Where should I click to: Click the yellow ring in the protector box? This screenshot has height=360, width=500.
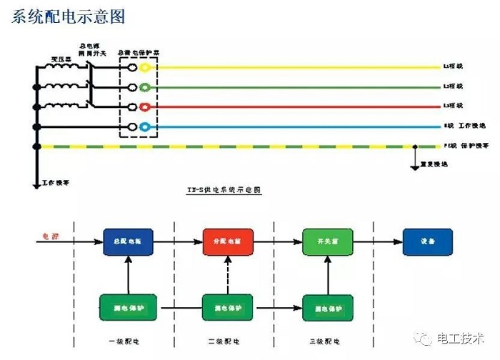[x=145, y=68]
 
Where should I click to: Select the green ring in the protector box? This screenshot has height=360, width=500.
[x=145, y=88]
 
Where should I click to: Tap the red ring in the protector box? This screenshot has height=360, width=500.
[x=145, y=107]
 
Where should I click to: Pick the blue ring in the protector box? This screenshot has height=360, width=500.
[x=145, y=127]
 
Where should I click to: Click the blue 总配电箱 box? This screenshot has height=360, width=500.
[x=125, y=242]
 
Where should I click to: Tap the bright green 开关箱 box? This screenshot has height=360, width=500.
[x=324, y=242]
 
